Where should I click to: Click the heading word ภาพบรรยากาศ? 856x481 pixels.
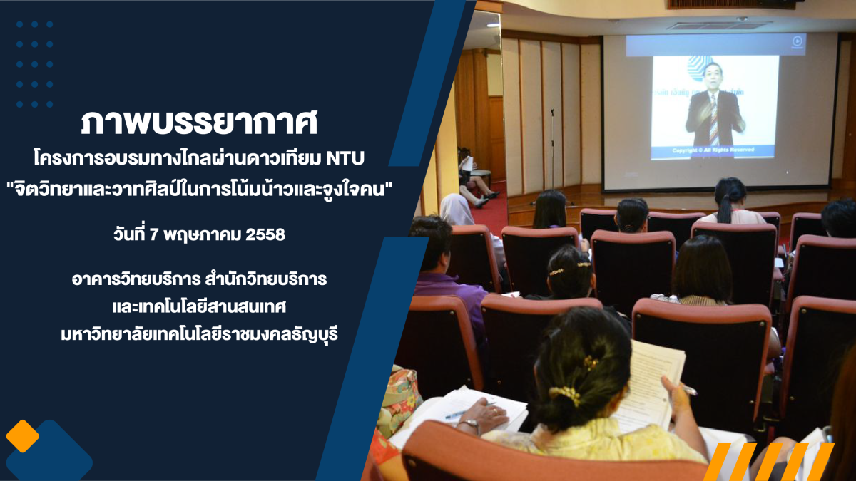(x=199, y=123)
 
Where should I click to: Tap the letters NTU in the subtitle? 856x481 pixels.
(x=345, y=159)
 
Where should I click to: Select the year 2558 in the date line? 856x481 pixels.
(x=265, y=234)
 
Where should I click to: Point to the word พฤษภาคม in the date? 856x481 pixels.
(x=203, y=235)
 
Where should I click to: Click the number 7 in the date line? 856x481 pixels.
(x=153, y=234)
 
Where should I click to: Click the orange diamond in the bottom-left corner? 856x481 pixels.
(x=23, y=436)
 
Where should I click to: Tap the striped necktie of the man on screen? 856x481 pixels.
(x=713, y=120)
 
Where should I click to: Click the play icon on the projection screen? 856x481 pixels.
(x=797, y=41)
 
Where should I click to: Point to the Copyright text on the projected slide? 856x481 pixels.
(x=713, y=150)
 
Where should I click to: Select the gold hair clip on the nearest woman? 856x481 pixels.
(x=564, y=394)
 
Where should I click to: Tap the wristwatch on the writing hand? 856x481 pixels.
(x=470, y=424)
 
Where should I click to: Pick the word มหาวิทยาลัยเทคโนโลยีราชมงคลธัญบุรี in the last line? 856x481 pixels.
(x=200, y=335)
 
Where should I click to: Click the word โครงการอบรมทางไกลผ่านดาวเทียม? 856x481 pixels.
(x=178, y=158)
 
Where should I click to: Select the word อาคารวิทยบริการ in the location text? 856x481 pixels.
(x=136, y=279)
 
